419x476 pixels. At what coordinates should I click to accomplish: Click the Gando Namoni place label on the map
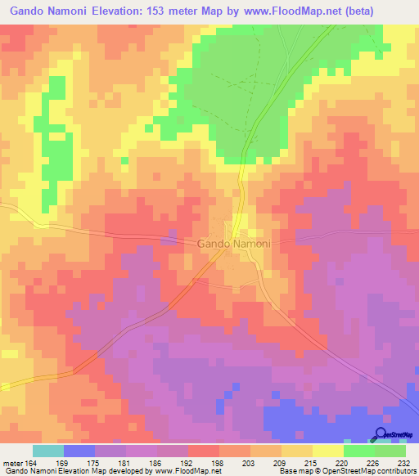pyautogui.click(x=235, y=244)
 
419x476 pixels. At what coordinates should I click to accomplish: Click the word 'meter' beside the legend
pyautogui.click(x=12, y=463)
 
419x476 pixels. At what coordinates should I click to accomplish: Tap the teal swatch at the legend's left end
pyautogui.click(x=48, y=451)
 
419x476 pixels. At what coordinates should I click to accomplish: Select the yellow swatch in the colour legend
pyautogui.click(x=328, y=451)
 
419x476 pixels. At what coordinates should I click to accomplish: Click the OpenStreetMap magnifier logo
pyautogui.click(x=381, y=434)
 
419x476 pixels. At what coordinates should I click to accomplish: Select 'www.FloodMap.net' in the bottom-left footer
pyautogui.click(x=186, y=472)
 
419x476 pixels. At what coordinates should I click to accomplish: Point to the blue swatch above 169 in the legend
pyautogui.click(x=79, y=451)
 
